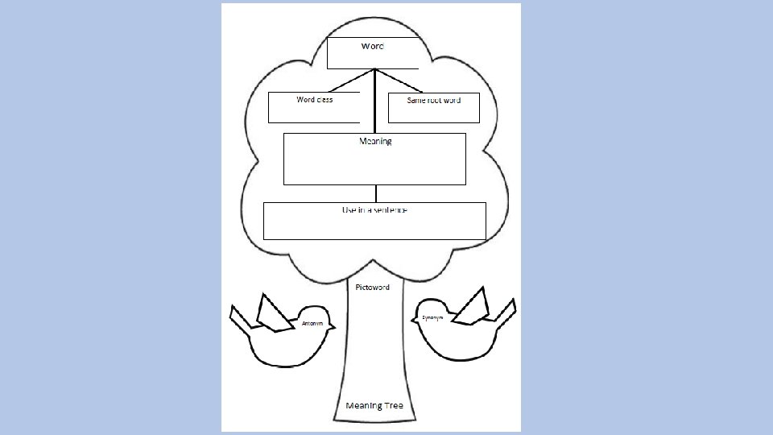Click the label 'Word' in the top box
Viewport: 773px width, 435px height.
pos(372,47)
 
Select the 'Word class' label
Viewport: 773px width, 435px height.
pos(314,100)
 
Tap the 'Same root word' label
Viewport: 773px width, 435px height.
pos(433,100)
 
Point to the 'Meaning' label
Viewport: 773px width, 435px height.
pos(375,141)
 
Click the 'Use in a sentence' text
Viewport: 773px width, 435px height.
pos(374,209)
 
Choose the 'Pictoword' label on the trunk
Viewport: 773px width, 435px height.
pos(373,287)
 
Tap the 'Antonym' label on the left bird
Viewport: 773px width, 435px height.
pos(312,323)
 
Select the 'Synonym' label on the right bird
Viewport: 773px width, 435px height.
pos(432,318)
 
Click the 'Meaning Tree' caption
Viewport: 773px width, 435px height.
pos(374,405)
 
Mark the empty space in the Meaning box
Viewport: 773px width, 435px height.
pos(375,166)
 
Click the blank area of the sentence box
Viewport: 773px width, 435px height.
pos(374,226)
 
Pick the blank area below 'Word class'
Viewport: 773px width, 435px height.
pos(314,113)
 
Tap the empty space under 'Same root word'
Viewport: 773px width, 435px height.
pos(433,114)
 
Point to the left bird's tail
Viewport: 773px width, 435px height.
pos(240,319)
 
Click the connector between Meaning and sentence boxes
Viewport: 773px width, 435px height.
pos(376,193)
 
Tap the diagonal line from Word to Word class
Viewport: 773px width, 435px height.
pos(351,81)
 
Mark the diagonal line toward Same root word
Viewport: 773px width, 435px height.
pos(399,81)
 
